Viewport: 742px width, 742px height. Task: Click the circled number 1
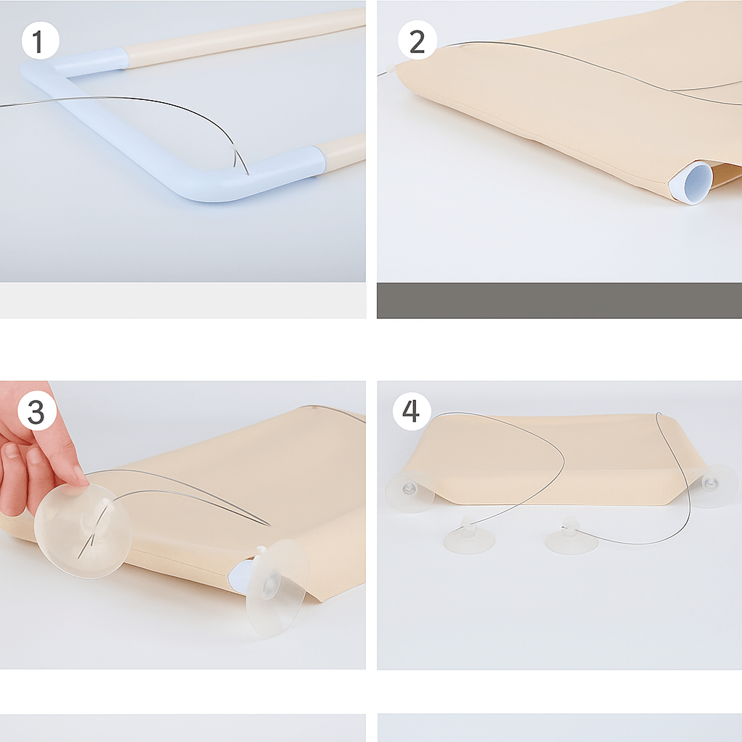pyautogui.click(x=41, y=41)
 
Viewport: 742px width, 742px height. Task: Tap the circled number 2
pyautogui.click(x=417, y=41)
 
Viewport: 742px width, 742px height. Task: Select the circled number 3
pyautogui.click(x=36, y=412)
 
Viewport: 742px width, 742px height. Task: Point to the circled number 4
pyautogui.click(x=412, y=411)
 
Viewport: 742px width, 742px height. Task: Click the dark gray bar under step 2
pyautogui.click(x=559, y=301)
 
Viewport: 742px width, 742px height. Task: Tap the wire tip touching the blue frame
pyautogui.click(x=248, y=174)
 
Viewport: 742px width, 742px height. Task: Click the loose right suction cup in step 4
pyautogui.click(x=571, y=536)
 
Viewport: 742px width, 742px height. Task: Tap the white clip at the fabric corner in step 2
pyautogui.click(x=392, y=69)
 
